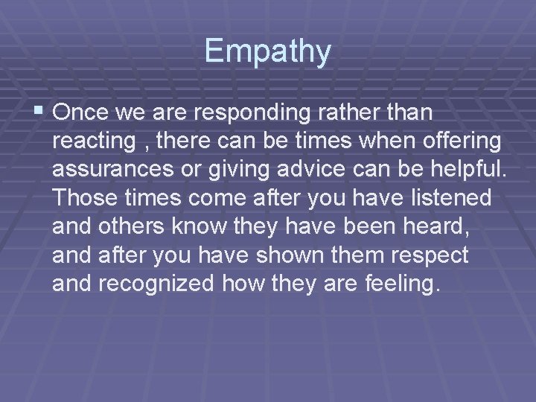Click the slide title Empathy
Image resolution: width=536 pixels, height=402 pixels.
(267, 51)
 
